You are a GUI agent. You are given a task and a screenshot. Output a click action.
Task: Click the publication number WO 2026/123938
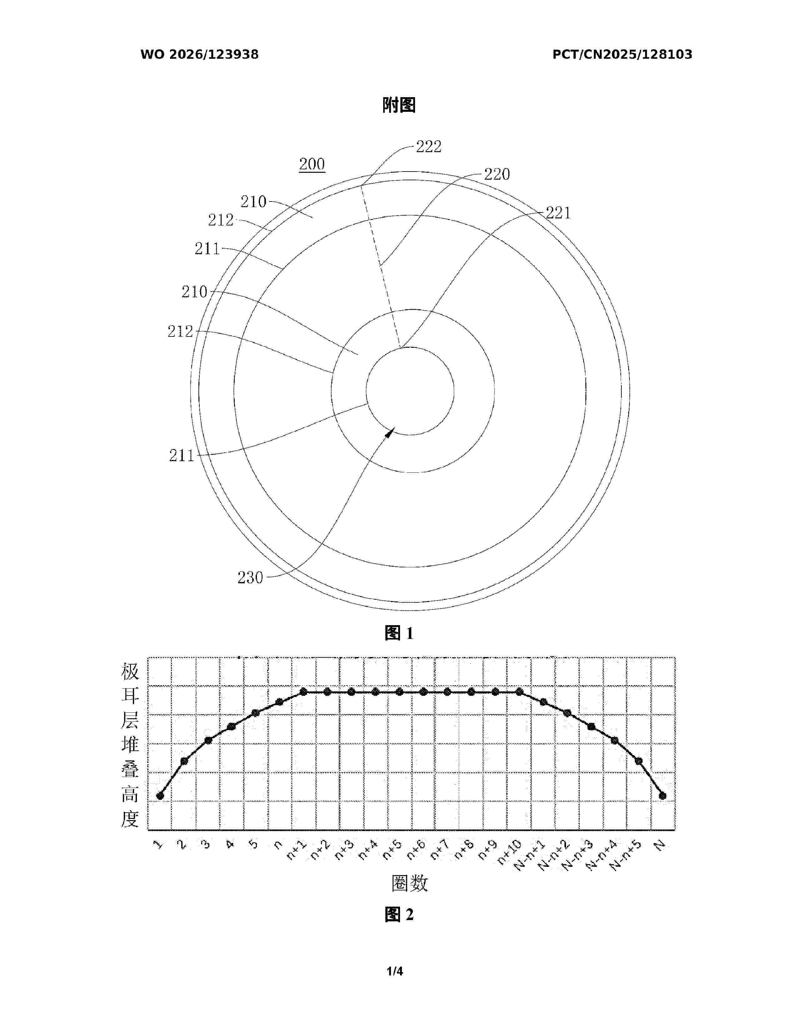click(199, 54)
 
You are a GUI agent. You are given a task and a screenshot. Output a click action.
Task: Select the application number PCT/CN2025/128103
click(622, 54)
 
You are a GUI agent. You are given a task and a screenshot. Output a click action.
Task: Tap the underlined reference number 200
click(312, 164)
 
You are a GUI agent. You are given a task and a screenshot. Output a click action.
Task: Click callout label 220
click(497, 174)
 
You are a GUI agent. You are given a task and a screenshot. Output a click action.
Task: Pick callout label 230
click(250, 577)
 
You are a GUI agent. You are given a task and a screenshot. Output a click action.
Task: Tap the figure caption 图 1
click(399, 633)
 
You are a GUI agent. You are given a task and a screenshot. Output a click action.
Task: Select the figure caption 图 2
click(399, 914)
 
